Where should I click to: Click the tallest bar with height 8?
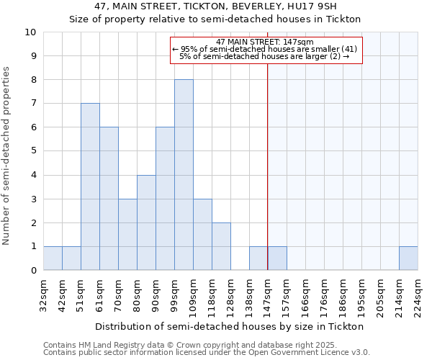click(184, 175)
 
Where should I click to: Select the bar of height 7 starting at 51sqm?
click(90, 186)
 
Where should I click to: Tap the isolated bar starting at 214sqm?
click(408, 258)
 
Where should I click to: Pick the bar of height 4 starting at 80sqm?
click(146, 222)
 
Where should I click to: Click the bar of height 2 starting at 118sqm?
click(221, 246)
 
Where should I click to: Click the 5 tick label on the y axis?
click(33, 151)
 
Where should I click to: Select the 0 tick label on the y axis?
click(33, 271)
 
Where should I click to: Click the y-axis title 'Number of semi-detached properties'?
click(7, 156)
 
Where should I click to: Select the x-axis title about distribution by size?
click(229, 326)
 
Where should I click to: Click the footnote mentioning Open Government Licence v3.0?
click(207, 353)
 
